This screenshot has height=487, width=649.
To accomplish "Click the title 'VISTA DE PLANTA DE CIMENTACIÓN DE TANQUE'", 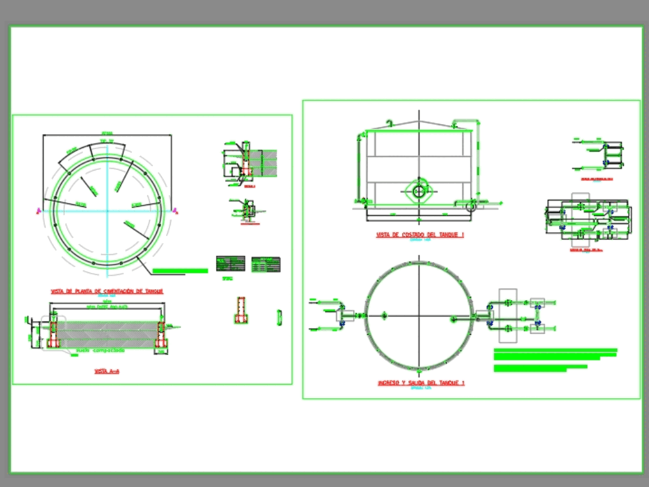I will coord(107,292).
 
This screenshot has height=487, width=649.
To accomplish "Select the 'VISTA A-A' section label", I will coord(107,372).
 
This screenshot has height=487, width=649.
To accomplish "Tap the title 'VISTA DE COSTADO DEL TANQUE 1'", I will coord(420,235).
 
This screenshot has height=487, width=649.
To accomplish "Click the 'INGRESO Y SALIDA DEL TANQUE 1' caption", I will coord(421,383).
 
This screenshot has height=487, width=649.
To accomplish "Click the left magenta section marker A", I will coord(39,210).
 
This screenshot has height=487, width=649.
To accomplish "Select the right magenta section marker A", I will coord(175,210).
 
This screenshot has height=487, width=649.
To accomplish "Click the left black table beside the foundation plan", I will coord(230,264).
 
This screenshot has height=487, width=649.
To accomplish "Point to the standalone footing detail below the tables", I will coord(240,311).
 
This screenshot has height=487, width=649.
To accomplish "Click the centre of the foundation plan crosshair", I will coord(107,210).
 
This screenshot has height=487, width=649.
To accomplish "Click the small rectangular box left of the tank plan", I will coord(345,315).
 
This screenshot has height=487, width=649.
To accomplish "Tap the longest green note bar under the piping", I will coord(556,351).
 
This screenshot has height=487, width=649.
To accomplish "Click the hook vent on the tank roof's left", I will coord(389,123).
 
